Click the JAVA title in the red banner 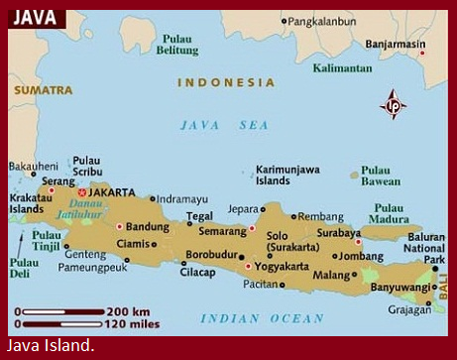click(x=34, y=18)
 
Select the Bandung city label click(x=148, y=226)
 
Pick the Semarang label click(x=221, y=230)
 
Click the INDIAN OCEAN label click(x=262, y=318)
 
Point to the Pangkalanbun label click(x=325, y=20)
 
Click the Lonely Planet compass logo click(x=394, y=104)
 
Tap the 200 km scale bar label click(x=127, y=311)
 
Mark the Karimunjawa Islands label click(x=286, y=176)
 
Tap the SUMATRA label click(x=42, y=90)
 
